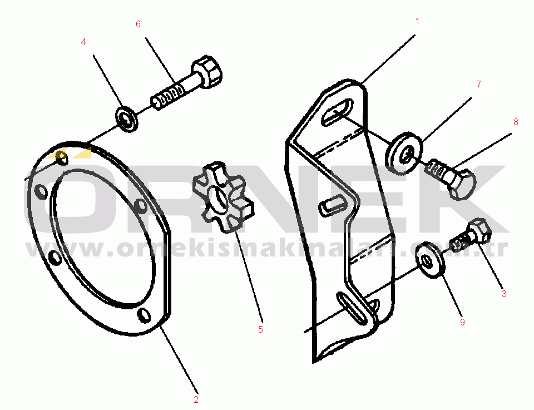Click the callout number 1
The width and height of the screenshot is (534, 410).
[417, 22]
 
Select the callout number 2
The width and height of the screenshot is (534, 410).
[196, 399]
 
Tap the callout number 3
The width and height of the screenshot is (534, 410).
[503, 294]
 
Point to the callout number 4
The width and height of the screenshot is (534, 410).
[83, 42]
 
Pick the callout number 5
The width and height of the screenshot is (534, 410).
[260, 329]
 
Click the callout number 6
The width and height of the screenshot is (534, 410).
[138, 24]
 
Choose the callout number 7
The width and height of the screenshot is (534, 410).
[478, 84]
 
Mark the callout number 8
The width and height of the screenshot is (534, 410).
[516, 122]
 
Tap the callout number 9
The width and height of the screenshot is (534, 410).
[461, 322]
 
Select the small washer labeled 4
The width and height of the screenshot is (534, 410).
[127, 119]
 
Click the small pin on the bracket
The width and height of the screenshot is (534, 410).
[329, 204]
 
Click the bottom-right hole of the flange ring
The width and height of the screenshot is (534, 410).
[144, 315]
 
